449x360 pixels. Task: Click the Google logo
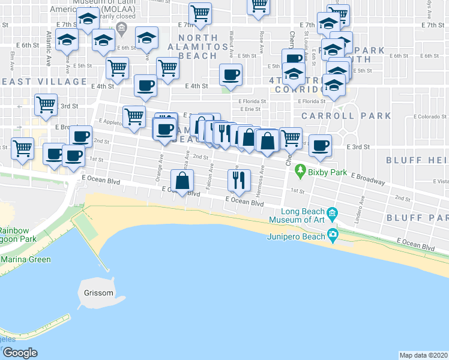click(x=20, y=353)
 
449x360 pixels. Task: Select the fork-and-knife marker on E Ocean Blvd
click(x=238, y=179)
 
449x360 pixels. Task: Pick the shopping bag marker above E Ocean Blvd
click(x=182, y=180)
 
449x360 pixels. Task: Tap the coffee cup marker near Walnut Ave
click(x=231, y=75)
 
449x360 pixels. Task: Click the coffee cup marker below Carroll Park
click(x=320, y=145)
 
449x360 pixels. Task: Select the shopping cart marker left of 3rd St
click(x=46, y=105)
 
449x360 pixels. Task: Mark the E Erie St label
click(x=249, y=109)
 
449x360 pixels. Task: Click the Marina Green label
click(x=26, y=260)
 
